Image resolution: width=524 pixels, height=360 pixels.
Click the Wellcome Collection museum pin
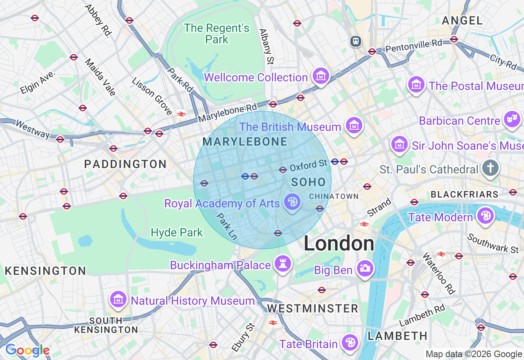pyautogui.click(x=321, y=76)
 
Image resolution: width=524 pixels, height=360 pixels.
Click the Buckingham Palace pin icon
pyautogui.click(x=282, y=264)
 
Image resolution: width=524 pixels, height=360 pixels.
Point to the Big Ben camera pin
pyautogui.click(x=364, y=269)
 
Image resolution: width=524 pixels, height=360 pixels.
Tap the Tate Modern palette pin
pyautogui.click(x=485, y=216)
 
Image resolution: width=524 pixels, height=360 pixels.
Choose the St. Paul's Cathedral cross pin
pyautogui.click(x=490, y=168)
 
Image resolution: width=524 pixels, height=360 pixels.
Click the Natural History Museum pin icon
pyautogui.click(x=118, y=299)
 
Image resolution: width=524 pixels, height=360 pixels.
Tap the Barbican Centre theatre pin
pyautogui.click(x=512, y=119)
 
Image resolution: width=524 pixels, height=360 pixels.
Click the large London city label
pyautogui.click(x=339, y=244)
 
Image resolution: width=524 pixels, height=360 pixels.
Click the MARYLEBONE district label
pyautogui.click(x=245, y=142)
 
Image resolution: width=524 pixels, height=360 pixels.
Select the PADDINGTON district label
pyautogui.click(x=125, y=164)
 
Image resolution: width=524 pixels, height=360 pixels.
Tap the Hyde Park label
pyautogui.click(x=177, y=233)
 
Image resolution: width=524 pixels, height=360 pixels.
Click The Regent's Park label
pyautogui.click(x=217, y=34)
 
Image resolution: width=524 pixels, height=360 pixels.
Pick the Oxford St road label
pyautogui.click(x=309, y=165)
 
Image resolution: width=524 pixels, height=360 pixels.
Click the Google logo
pyautogui.click(x=27, y=350)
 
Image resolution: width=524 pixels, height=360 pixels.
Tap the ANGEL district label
pyautogui.click(x=462, y=20)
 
